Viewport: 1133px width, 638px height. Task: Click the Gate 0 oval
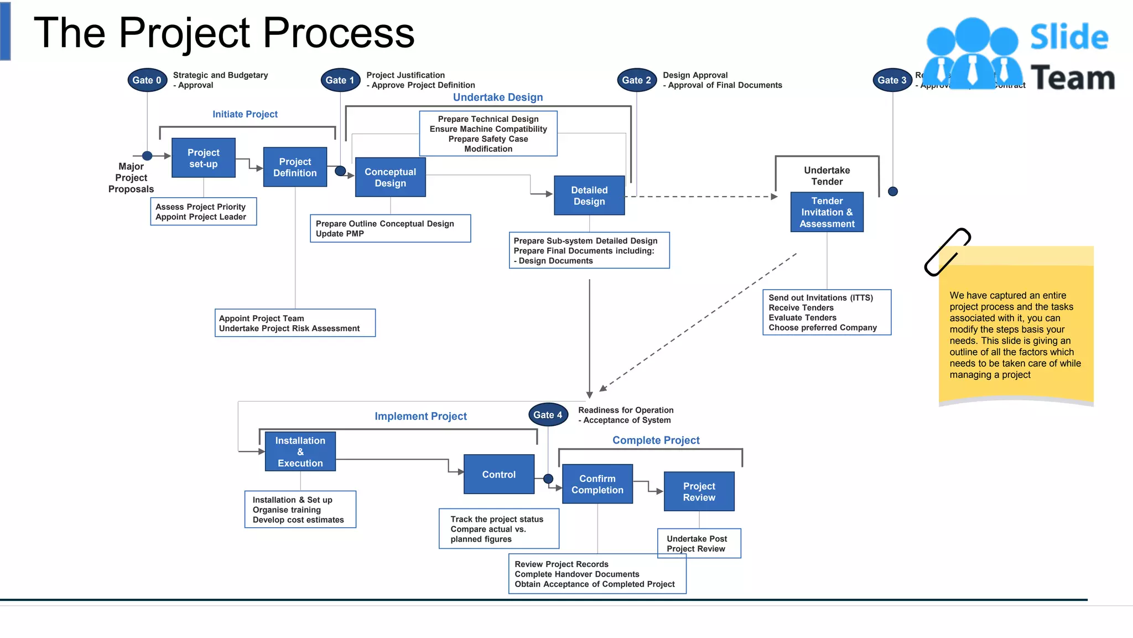click(x=147, y=80)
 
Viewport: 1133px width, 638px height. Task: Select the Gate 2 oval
click(x=636, y=80)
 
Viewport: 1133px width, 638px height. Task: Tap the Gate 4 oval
click(x=548, y=415)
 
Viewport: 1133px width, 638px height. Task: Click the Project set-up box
click(x=204, y=158)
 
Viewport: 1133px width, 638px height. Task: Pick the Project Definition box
click(x=295, y=167)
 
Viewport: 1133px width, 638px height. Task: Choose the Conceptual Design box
click(x=390, y=177)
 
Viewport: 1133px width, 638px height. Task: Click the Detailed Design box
click(x=589, y=195)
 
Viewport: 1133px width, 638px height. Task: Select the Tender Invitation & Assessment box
click(x=827, y=212)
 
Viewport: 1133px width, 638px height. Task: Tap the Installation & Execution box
click(x=300, y=451)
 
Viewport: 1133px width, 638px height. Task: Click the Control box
click(x=498, y=475)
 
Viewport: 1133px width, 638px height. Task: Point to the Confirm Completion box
click(x=597, y=484)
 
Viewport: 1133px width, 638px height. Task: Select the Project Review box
click(x=699, y=491)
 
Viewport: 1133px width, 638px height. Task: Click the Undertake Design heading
click(x=498, y=97)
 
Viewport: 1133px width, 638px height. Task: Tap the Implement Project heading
click(x=420, y=416)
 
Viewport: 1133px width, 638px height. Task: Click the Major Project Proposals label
click(x=131, y=178)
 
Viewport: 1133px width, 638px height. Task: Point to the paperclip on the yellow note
click(x=947, y=252)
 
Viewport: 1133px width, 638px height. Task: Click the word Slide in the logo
click(x=1069, y=38)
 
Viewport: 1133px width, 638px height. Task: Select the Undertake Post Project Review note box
click(x=699, y=543)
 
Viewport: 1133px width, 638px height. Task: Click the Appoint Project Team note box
click(x=295, y=323)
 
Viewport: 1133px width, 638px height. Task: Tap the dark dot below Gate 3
click(x=892, y=192)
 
